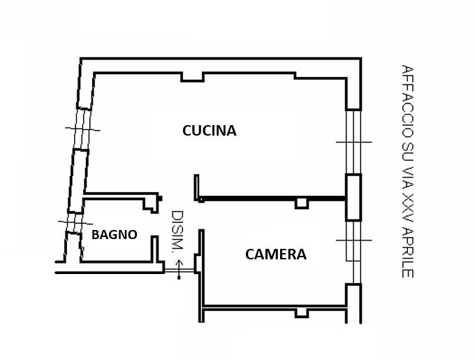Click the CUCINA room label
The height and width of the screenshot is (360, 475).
(x=209, y=131)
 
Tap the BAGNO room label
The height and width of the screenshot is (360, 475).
(x=114, y=235)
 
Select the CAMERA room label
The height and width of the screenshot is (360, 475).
(x=275, y=254)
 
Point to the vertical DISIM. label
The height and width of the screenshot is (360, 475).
(x=177, y=232)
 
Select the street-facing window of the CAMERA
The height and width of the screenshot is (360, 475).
(x=353, y=241)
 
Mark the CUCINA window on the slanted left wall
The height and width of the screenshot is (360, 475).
(x=82, y=129)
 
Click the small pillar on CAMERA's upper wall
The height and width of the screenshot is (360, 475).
(x=302, y=203)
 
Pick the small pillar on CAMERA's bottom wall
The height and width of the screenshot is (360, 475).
(x=302, y=312)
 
